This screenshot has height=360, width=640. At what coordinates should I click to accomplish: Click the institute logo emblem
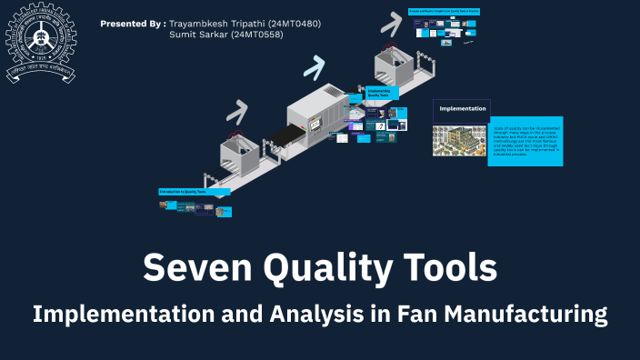(x=40, y=41)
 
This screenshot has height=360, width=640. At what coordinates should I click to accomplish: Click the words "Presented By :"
(x=133, y=23)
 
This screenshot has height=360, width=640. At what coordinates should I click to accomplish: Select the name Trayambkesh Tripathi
(x=212, y=23)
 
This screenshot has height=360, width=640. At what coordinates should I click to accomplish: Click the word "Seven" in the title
(x=195, y=268)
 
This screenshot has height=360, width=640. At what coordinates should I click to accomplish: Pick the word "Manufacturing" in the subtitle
(x=530, y=315)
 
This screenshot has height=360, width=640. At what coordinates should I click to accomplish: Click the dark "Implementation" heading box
(x=462, y=110)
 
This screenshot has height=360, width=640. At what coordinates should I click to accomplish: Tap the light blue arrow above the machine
(x=315, y=65)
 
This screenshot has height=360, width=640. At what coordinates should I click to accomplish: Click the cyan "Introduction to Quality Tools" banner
(x=194, y=192)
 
